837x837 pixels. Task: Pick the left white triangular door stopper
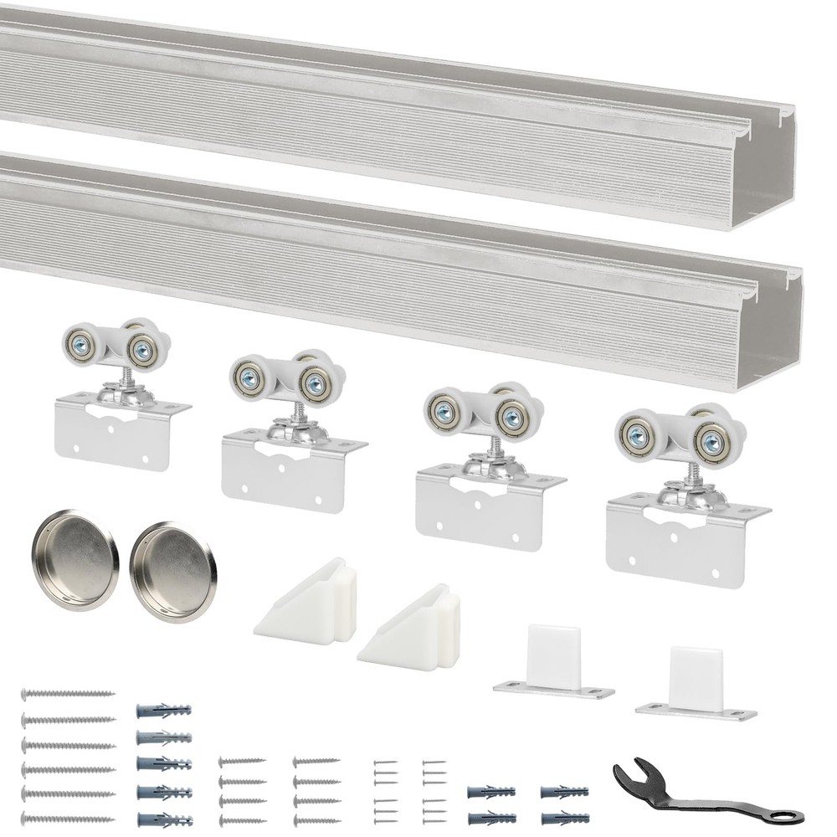coord(306,603)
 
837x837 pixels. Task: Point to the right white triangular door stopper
coord(410,628)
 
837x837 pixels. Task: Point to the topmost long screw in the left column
coord(68,694)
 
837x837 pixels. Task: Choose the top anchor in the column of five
coord(163,711)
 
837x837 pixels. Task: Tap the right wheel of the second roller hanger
coord(316,384)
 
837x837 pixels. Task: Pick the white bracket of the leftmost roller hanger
coord(109,431)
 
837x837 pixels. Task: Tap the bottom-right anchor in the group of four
coord(564,817)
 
